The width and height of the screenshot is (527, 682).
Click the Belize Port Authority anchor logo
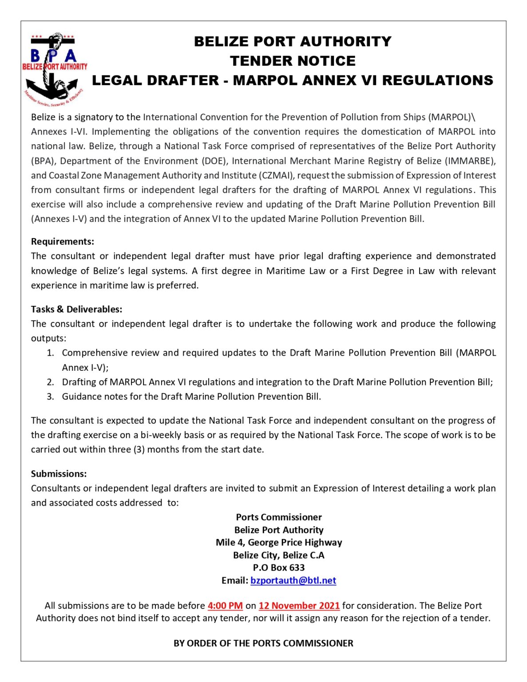pos(54,69)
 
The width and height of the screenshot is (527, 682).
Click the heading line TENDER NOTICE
pos(293,61)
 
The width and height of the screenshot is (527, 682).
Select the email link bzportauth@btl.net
pos(293,580)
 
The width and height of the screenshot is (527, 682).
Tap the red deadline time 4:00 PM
pos(225,606)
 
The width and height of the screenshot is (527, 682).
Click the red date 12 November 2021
pos(299,606)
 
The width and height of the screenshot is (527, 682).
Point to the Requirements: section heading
pos(63,242)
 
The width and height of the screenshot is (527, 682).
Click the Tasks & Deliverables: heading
pos(76,309)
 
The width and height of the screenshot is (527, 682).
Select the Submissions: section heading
pos(59,474)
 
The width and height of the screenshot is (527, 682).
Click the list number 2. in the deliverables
pos(51,382)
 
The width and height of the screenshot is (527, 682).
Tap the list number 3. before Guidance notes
pos(51,397)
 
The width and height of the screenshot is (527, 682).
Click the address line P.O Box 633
pos(279,567)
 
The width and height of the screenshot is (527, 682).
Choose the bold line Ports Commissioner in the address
pos(279,517)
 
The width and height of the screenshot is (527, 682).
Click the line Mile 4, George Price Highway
pos(279,542)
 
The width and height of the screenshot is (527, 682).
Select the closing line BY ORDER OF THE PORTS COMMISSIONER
pos(263,643)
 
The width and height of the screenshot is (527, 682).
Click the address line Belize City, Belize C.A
pos(279,555)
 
